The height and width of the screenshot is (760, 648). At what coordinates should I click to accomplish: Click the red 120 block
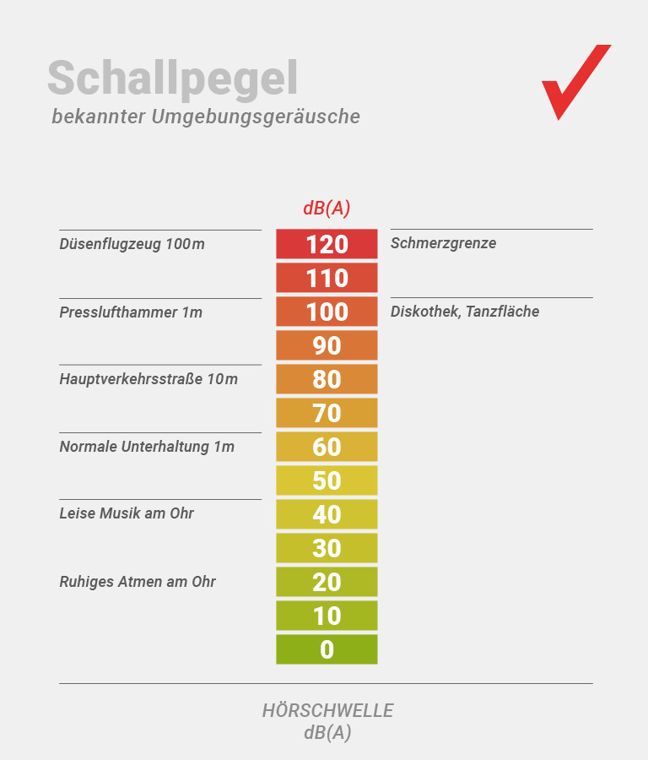pyautogui.click(x=327, y=244)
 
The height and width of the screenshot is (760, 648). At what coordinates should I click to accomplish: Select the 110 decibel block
pyautogui.click(x=327, y=278)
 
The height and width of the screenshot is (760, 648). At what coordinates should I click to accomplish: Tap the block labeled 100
pyautogui.click(x=327, y=312)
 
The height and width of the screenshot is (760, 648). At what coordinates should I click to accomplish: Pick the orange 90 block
pyautogui.click(x=327, y=345)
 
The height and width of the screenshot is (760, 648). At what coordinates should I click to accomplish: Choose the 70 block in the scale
pyautogui.click(x=327, y=413)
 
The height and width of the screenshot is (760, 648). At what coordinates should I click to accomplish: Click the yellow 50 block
pyautogui.click(x=327, y=480)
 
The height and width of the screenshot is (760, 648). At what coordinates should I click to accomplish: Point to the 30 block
pyautogui.click(x=327, y=548)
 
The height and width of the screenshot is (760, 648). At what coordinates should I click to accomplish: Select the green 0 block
pyautogui.click(x=327, y=649)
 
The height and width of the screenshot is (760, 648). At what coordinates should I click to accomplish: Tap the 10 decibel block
pyautogui.click(x=327, y=616)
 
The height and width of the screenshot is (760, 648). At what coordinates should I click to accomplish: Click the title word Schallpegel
pyautogui.click(x=172, y=79)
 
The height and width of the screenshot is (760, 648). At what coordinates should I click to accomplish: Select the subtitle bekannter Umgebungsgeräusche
pyautogui.click(x=206, y=117)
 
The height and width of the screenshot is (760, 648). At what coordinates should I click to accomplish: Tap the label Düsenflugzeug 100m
pyautogui.click(x=132, y=244)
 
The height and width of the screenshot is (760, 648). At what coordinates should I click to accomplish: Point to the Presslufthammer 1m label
pyautogui.click(x=131, y=312)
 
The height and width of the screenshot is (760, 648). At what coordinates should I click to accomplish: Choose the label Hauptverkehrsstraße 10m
pyautogui.click(x=148, y=379)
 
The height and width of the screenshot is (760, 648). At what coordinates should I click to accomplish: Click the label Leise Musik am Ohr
pyautogui.click(x=127, y=513)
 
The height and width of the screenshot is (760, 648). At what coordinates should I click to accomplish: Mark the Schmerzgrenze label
pyautogui.click(x=443, y=243)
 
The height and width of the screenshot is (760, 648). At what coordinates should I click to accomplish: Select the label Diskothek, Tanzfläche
pyautogui.click(x=465, y=312)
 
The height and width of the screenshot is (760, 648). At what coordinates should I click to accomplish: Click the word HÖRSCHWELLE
pyautogui.click(x=327, y=711)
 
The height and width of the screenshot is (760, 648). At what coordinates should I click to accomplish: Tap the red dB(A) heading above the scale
pyautogui.click(x=327, y=208)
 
